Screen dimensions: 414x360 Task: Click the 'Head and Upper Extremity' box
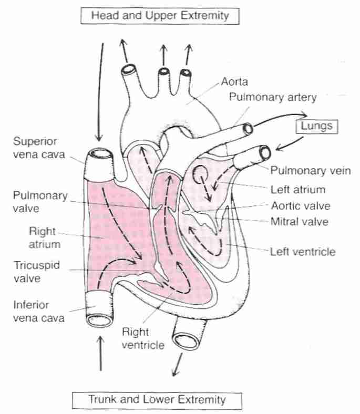pos(160,15)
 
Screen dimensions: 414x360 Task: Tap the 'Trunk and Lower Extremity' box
pos(157,399)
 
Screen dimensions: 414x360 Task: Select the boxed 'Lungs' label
pos(316,126)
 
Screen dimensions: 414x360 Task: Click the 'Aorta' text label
pos(234,82)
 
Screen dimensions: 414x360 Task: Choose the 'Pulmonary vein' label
pos(310,170)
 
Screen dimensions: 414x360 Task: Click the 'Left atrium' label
pos(297,189)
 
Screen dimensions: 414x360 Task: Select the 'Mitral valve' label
pos(299,221)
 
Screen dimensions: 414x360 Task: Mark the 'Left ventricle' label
pos(302,252)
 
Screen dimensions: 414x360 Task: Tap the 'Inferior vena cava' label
pos(36,310)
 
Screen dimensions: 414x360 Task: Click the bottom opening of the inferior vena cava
pos(100,319)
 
